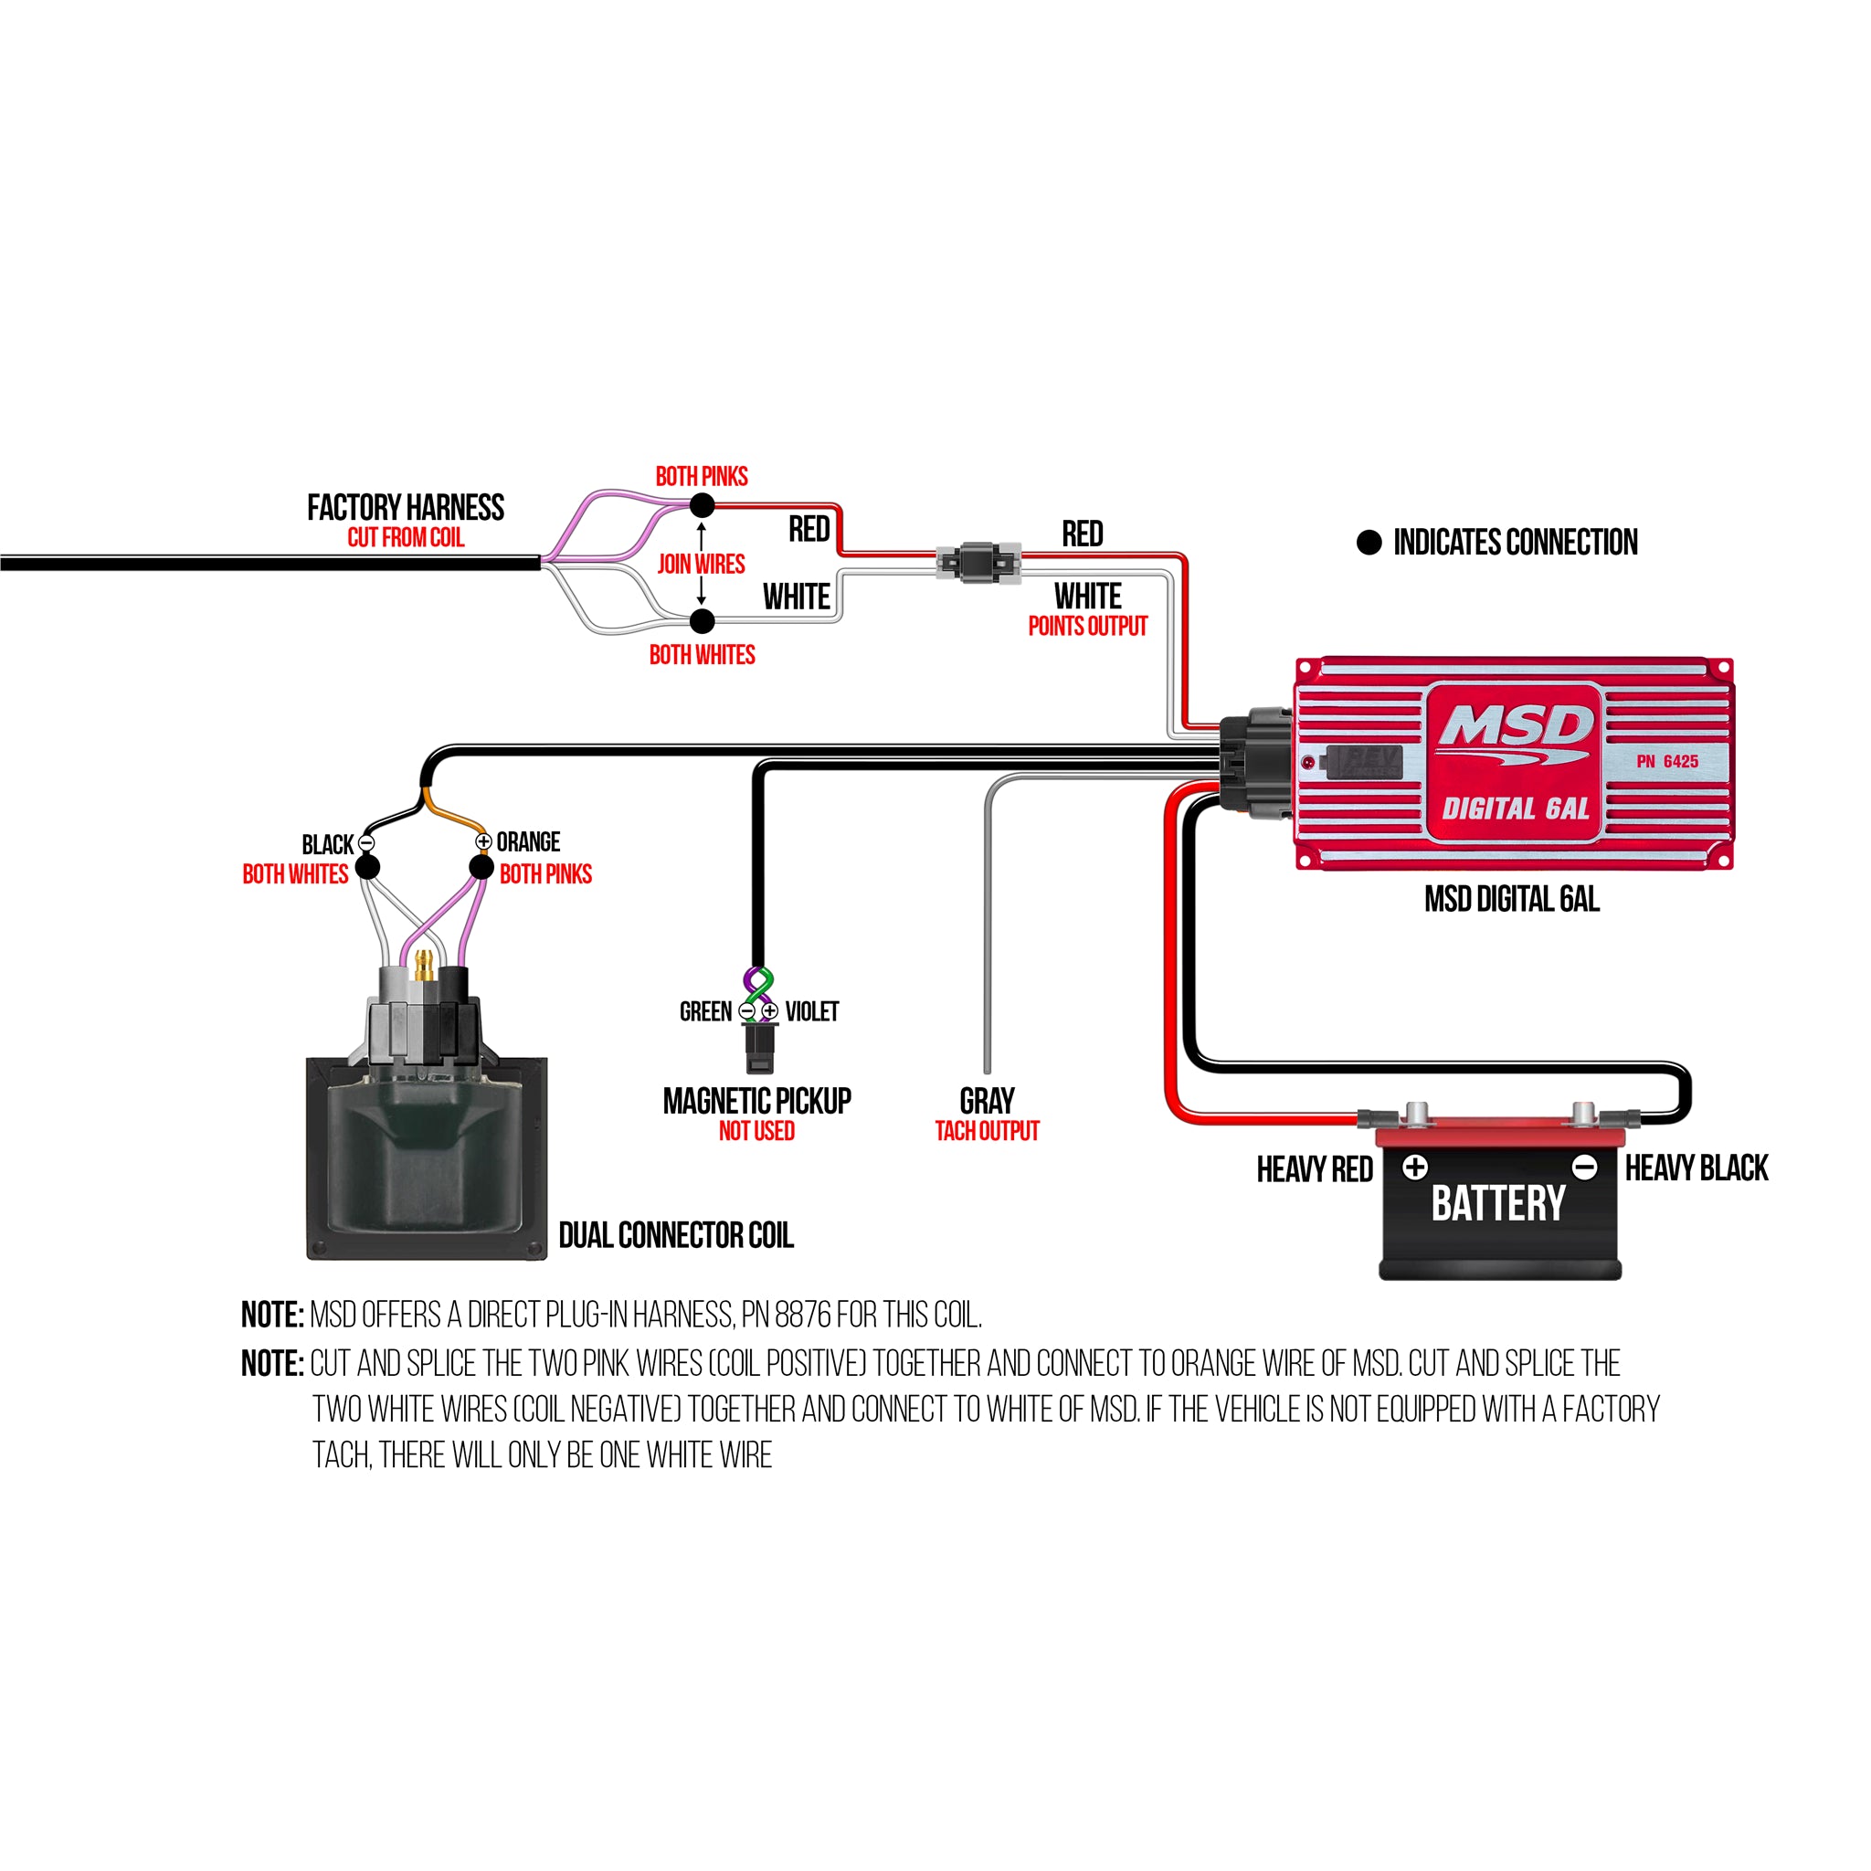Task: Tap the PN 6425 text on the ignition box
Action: point(1667,761)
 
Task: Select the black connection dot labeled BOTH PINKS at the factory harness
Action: point(703,504)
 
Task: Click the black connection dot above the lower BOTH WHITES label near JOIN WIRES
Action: point(703,620)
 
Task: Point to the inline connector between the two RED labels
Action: point(978,563)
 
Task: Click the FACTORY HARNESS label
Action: point(406,507)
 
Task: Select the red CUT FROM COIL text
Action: point(406,537)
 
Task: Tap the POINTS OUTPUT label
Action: point(1087,627)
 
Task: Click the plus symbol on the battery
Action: point(1415,1167)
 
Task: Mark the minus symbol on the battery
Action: point(1584,1167)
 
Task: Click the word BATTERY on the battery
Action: point(1498,1204)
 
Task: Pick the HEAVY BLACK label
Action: point(1697,1168)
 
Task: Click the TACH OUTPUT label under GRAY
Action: point(987,1131)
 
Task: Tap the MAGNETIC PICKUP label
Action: point(757,1100)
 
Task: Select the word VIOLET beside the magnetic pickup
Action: point(811,1012)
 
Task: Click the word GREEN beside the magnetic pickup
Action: point(706,1012)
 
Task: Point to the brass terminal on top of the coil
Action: point(424,965)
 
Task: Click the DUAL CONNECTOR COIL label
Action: point(676,1235)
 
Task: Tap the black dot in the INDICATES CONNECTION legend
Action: point(1369,543)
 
